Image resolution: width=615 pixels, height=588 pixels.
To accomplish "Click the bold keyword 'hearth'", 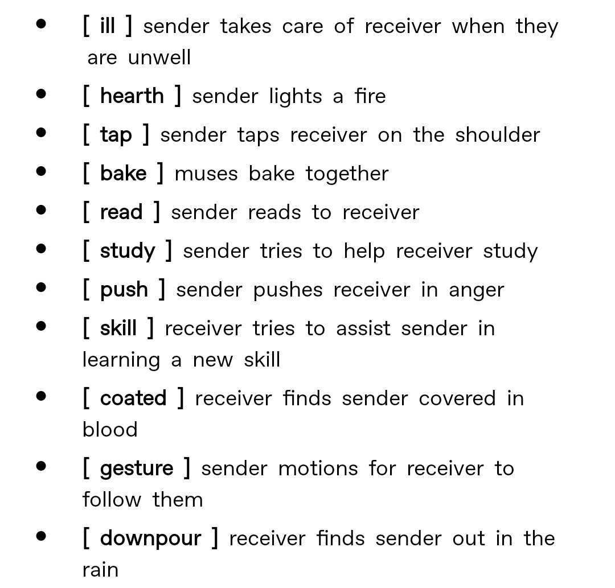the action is [x=132, y=96].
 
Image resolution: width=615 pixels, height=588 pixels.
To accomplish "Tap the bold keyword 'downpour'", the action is [x=150, y=538].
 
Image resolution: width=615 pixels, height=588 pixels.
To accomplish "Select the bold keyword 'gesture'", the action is [x=137, y=469].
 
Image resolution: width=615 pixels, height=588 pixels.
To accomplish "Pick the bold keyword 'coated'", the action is [x=133, y=398].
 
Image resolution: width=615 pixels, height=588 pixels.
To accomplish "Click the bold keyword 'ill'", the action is [x=108, y=26].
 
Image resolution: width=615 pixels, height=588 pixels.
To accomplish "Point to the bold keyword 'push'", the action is [x=124, y=290].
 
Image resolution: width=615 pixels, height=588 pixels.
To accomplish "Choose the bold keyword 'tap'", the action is [x=116, y=135].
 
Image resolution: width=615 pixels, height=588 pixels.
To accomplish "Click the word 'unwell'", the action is [x=159, y=57].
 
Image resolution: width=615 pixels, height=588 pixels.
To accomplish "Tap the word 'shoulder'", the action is [x=497, y=135].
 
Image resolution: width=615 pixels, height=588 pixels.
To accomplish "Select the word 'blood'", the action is [x=110, y=430].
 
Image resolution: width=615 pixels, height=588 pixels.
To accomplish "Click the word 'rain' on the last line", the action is [x=100, y=570].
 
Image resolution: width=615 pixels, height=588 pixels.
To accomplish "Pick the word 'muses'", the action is [x=206, y=174].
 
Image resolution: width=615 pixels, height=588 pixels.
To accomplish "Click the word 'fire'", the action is [x=370, y=96].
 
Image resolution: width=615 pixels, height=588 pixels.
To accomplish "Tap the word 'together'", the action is [x=347, y=174].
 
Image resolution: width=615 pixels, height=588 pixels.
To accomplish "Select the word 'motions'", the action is [x=318, y=469].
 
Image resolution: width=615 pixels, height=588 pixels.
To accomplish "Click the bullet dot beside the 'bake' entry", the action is [x=41, y=171].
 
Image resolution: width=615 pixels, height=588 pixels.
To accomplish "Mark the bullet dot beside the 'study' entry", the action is [x=41, y=249].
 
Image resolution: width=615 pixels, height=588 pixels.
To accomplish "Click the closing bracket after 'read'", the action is [x=157, y=212].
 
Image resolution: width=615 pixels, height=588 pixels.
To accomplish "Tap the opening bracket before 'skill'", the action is [x=87, y=328].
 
